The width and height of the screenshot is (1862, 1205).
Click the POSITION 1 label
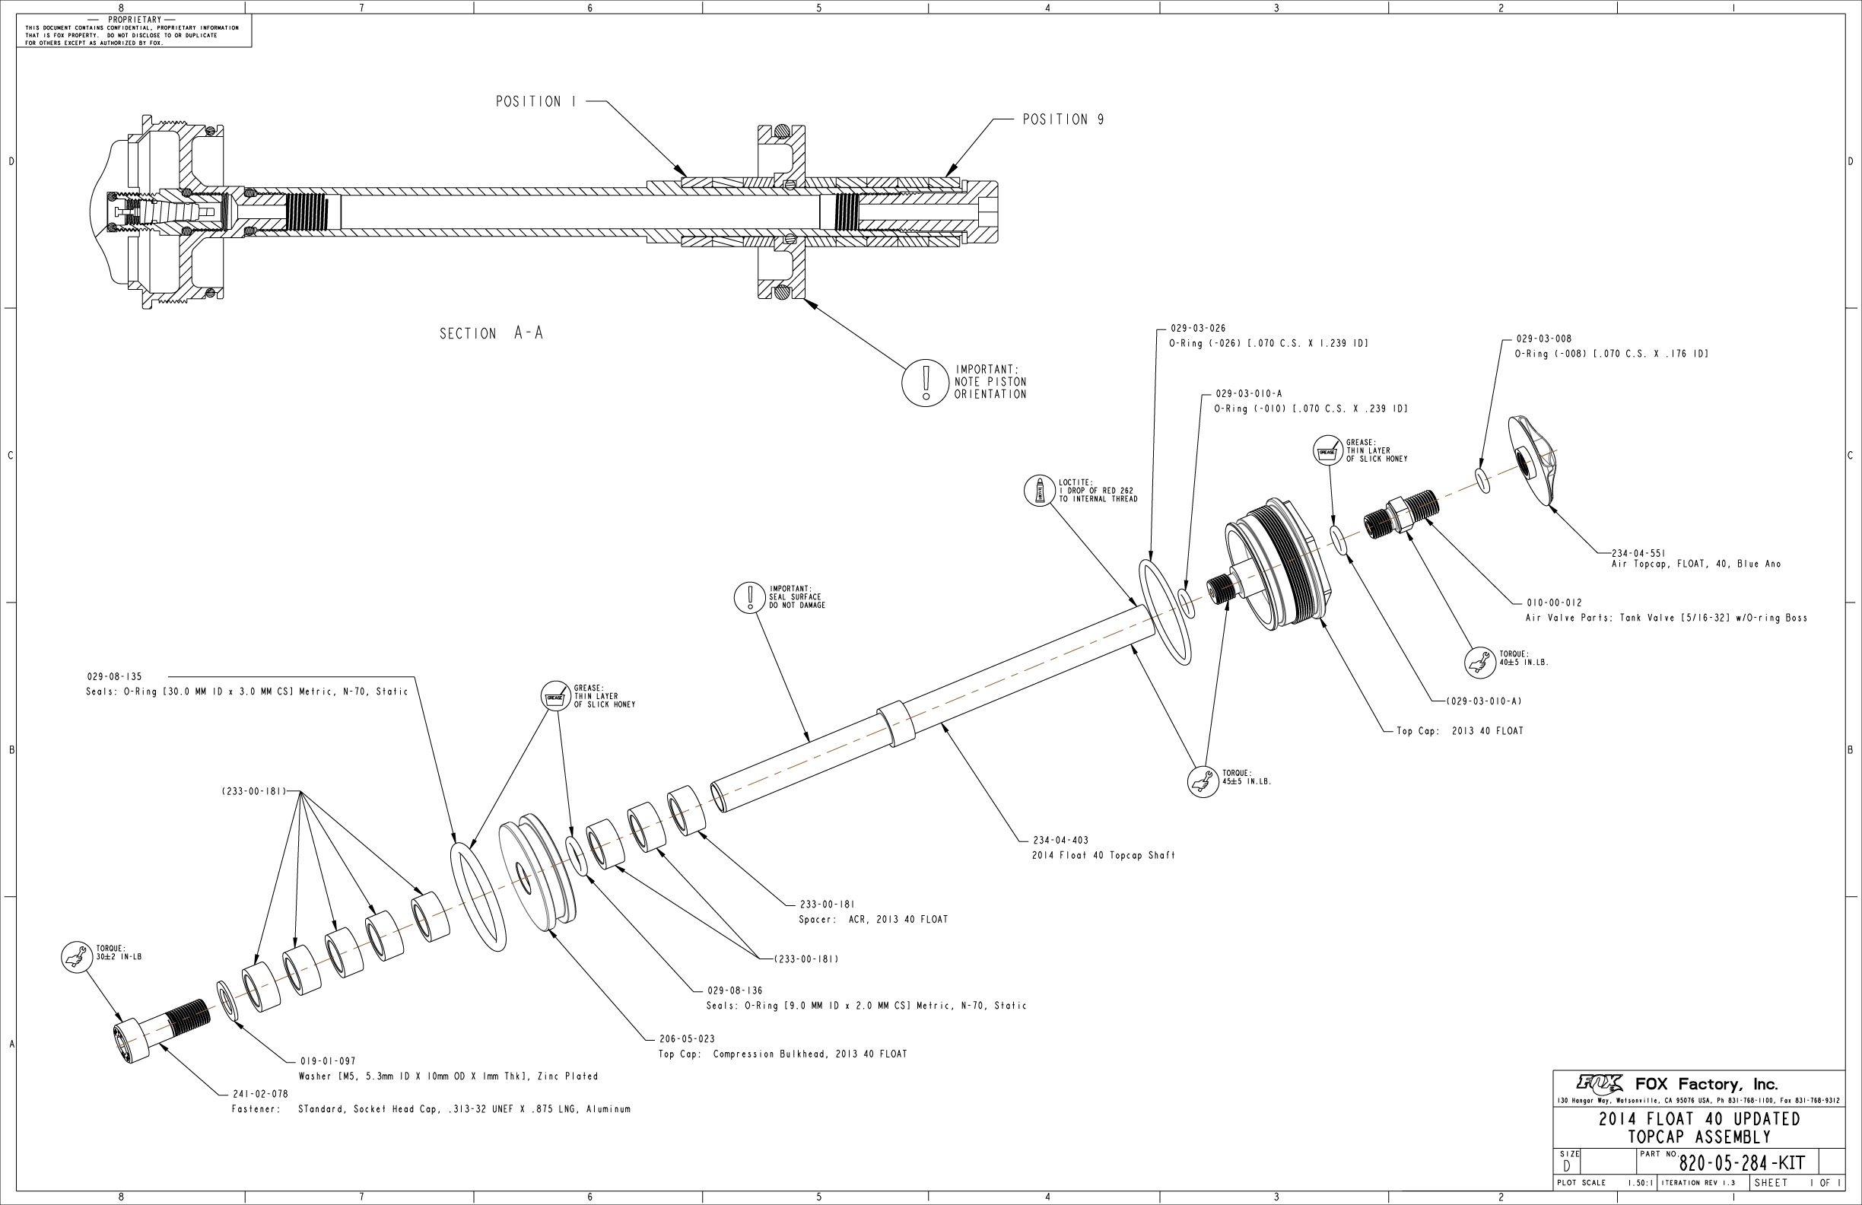tap(528, 102)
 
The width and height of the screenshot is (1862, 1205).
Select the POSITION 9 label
tap(1063, 119)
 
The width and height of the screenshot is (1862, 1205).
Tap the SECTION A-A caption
tap(491, 333)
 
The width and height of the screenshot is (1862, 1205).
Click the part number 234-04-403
tap(1061, 841)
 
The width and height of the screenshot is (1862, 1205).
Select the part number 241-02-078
tap(261, 1094)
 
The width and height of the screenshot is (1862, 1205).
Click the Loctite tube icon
tap(1041, 491)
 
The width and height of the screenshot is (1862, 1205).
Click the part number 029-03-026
tap(1198, 329)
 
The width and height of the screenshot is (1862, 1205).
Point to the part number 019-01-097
tap(328, 1061)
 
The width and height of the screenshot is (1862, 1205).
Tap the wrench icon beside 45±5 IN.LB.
tap(1203, 781)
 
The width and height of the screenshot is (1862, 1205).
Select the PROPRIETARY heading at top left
tap(135, 20)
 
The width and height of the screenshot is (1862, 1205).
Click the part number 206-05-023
tap(687, 1039)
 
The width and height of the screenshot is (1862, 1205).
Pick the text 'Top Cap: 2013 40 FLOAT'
tap(1460, 732)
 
